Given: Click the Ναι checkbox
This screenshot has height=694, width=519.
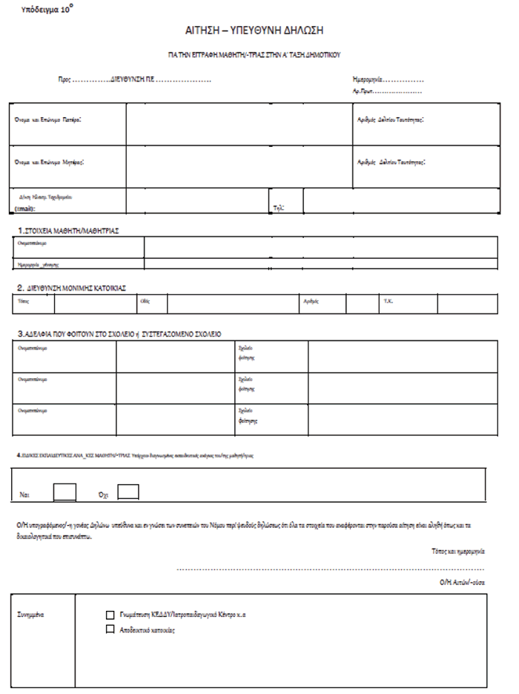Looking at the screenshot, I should (x=65, y=492).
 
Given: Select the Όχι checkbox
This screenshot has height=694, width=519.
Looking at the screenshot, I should (x=128, y=492).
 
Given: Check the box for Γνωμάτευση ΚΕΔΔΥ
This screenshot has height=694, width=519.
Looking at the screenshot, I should (x=110, y=615).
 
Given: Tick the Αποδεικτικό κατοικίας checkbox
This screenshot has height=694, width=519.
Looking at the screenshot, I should (x=110, y=630).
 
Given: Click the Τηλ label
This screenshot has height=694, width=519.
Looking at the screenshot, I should (x=279, y=208).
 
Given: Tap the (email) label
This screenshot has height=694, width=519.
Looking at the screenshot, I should (x=26, y=209).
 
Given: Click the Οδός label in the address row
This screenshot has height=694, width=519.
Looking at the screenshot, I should (x=145, y=302).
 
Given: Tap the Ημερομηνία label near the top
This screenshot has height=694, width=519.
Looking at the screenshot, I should (x=368, y=79).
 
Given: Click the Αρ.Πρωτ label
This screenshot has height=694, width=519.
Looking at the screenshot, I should (x=363, y=91).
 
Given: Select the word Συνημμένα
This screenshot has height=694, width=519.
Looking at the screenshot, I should (x=32, y=615).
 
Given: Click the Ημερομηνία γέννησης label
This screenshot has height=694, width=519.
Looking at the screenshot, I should (x=38, y=264).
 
